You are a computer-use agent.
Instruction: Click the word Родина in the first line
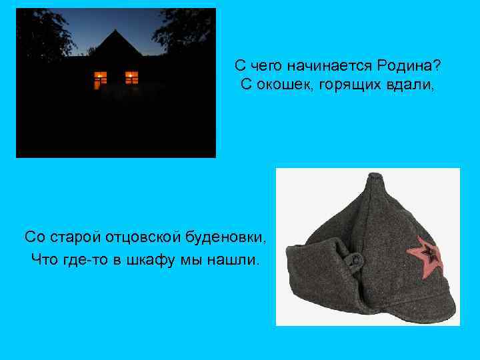point(408,66)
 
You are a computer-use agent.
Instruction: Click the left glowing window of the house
point(101,79)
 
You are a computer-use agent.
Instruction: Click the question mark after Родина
point(437,66)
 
